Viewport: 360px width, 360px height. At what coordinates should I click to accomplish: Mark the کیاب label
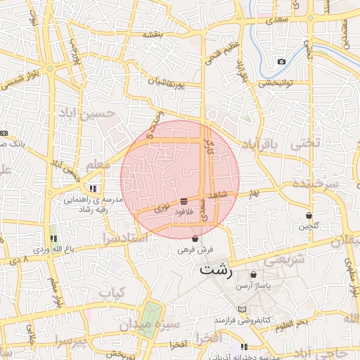point(111,291)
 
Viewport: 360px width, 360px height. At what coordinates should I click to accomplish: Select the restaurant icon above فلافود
point(184,201)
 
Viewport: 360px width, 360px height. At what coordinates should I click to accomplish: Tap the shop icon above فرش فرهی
point(195,239)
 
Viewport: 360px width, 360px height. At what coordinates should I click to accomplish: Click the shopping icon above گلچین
point(309,215)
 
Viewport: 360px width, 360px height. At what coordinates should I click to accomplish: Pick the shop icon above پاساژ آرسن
point(253,274)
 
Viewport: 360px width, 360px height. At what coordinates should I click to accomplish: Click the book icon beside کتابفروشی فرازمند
point(243,309)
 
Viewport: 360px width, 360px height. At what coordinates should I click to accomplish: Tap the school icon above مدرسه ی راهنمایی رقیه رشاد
point(94,188)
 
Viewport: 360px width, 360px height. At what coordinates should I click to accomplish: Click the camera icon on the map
point(281,61)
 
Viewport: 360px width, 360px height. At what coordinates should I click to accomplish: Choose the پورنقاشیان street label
point(166,86)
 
